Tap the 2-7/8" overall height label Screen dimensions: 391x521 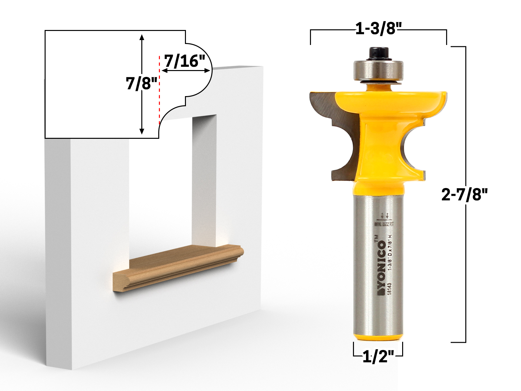464,195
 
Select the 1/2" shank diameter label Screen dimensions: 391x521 378,357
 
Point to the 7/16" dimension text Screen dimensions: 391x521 184,61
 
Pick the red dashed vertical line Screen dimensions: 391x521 159,91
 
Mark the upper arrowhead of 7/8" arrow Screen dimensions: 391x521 142,37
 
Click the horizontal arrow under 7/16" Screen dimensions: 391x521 186,70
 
